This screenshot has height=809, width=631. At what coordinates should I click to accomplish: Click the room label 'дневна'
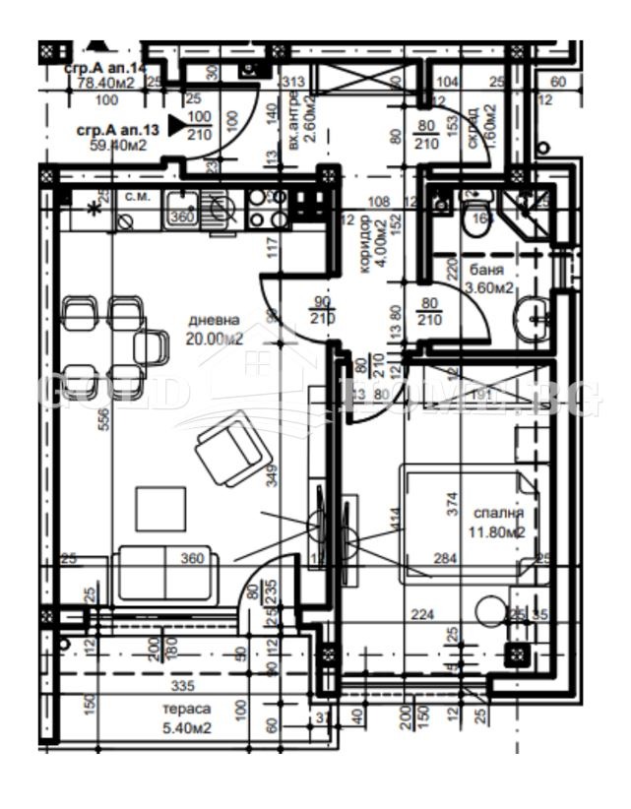[x=214, y=320]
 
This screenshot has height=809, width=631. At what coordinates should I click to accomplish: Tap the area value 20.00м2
[x=214, y=339]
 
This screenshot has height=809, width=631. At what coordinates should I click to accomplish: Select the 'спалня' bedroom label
[x=498, y=514]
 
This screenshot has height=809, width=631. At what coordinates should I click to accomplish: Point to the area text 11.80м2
[x=498, y=532]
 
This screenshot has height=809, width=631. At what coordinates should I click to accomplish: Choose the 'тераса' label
[x=186, y=710]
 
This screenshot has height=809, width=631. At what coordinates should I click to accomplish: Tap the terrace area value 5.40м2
[x=186, y=728]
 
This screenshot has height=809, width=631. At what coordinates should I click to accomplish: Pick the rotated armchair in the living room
[x=232, y=448]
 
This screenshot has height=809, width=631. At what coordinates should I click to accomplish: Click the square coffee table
[x=160, y=508]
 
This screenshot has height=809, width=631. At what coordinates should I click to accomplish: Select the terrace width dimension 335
[x=182, y=685]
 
